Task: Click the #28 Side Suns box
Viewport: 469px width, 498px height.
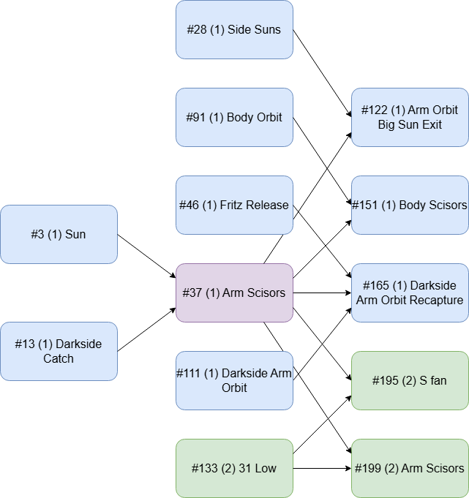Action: pos(234,29)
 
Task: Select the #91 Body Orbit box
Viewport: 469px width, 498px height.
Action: pos(234,117)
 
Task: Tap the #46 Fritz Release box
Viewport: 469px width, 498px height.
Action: pos(234,205)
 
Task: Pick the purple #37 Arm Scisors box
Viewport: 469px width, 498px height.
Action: pos(234,293)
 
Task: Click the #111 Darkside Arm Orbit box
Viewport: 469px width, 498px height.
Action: pos(234,380)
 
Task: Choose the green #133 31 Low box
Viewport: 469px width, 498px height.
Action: pos(234,468)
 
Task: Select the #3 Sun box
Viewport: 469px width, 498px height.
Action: pos(59,234)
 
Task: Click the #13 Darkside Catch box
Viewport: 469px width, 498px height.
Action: pos(59,351)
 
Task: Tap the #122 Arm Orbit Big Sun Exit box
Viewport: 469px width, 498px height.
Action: pos(410,117)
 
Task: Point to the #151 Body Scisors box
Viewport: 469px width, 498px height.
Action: pos(410,205)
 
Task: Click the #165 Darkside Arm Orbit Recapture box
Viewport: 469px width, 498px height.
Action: pos(410,293)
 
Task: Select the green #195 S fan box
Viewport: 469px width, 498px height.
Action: pos(410,380)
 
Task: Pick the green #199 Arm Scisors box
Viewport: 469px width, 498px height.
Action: pos(410,468)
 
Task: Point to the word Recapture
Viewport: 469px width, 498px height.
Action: pos(436,301)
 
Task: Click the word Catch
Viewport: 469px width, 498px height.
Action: pos(59,359)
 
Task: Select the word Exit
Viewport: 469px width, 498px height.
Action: pos(431,125)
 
